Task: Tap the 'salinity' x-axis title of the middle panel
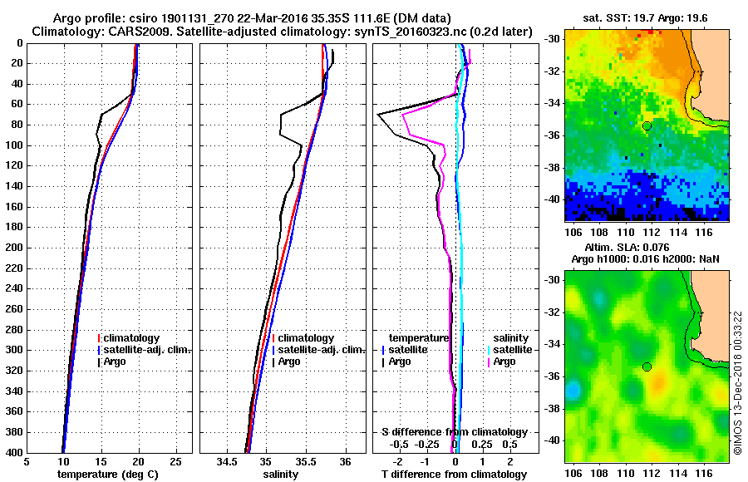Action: [280, 475]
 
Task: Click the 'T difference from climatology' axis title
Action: [454, 475]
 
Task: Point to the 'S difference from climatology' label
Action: [454, 432]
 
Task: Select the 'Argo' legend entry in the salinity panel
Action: [290, 361]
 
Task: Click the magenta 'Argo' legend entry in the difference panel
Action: [504, 361]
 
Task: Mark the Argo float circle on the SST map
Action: [647, 125]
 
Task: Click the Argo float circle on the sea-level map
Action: [647, 366]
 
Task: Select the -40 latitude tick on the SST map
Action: [553, 199]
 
